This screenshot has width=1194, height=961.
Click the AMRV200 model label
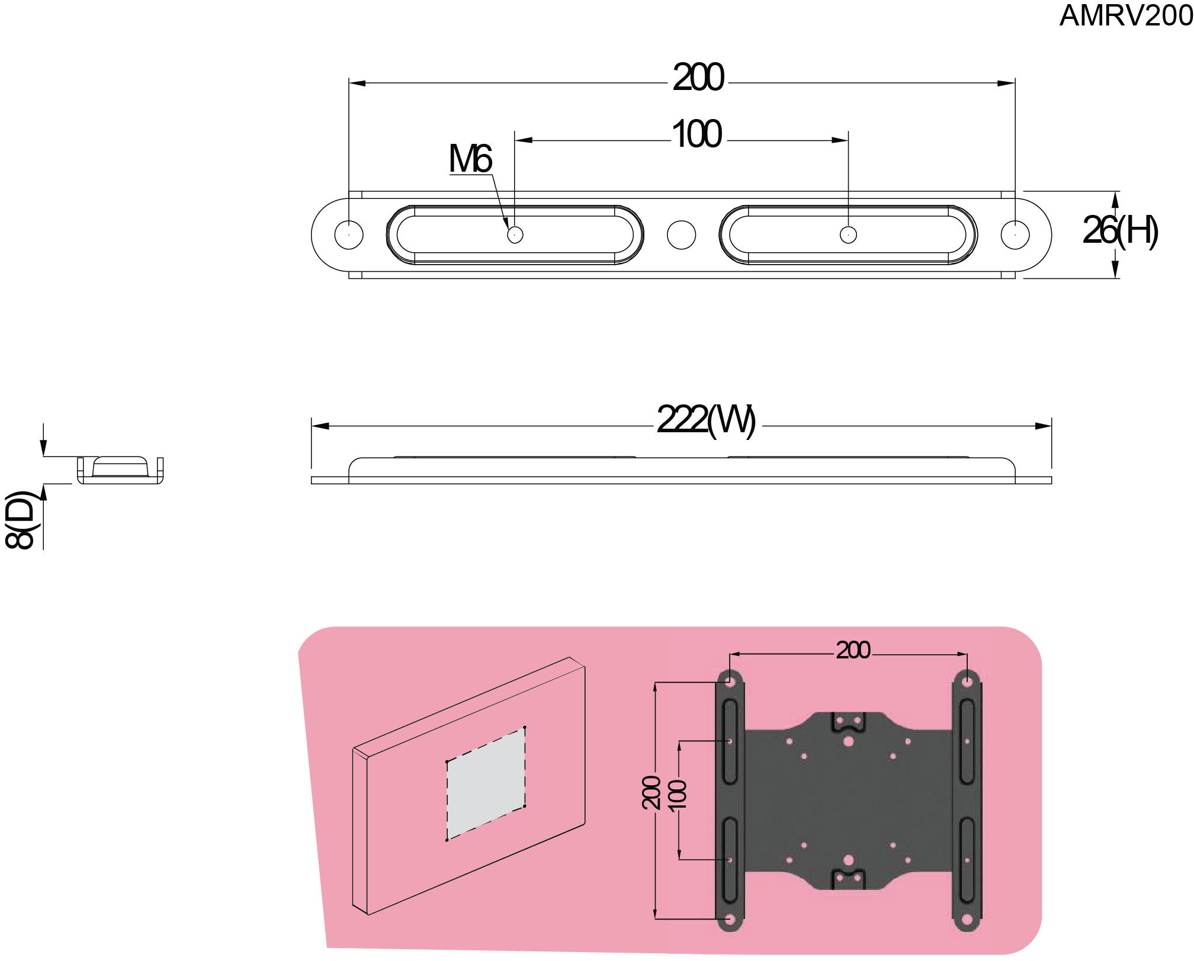1125,15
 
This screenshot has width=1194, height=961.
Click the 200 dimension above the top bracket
698,78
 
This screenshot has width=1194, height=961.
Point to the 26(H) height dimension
1119,230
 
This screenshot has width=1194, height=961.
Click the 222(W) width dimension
706,420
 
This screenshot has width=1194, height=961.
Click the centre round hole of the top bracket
681,234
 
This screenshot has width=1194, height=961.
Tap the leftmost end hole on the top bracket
349,234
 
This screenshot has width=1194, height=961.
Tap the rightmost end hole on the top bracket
1015,234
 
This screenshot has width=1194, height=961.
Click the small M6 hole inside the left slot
515,234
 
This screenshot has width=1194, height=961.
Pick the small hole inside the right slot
848,234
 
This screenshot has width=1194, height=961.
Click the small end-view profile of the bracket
120,470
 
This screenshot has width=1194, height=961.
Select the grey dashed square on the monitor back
486,783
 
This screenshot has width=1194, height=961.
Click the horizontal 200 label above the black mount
852,650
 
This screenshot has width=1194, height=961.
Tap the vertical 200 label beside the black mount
651,792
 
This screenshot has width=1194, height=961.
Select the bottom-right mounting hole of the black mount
967,920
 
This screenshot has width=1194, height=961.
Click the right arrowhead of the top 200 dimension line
1006,83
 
